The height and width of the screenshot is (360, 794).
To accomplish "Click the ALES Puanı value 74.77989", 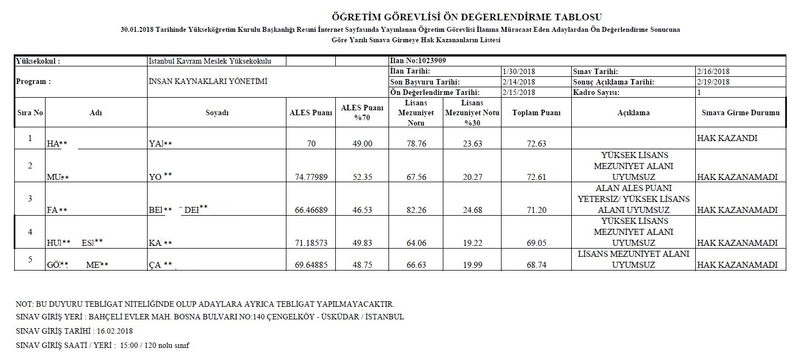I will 311,177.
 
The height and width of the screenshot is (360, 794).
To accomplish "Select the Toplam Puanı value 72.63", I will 536,144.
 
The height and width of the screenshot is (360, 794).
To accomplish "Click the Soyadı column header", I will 217,113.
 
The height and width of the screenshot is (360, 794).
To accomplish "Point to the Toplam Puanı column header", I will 536,113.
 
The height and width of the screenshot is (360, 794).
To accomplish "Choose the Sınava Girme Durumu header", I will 740,113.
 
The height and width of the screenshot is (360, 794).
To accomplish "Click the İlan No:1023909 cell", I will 415,61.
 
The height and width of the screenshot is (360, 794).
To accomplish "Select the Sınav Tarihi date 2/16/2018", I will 713,71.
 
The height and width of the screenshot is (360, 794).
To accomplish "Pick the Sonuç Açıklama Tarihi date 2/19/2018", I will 713,82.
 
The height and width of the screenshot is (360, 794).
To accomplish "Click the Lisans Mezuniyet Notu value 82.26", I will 416,210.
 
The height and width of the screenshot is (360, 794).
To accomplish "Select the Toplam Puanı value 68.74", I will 536,265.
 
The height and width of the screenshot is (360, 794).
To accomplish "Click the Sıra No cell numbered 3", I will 30,198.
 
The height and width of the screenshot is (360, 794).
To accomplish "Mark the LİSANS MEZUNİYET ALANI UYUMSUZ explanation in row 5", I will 633,260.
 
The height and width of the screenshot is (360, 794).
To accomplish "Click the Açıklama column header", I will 633,113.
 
